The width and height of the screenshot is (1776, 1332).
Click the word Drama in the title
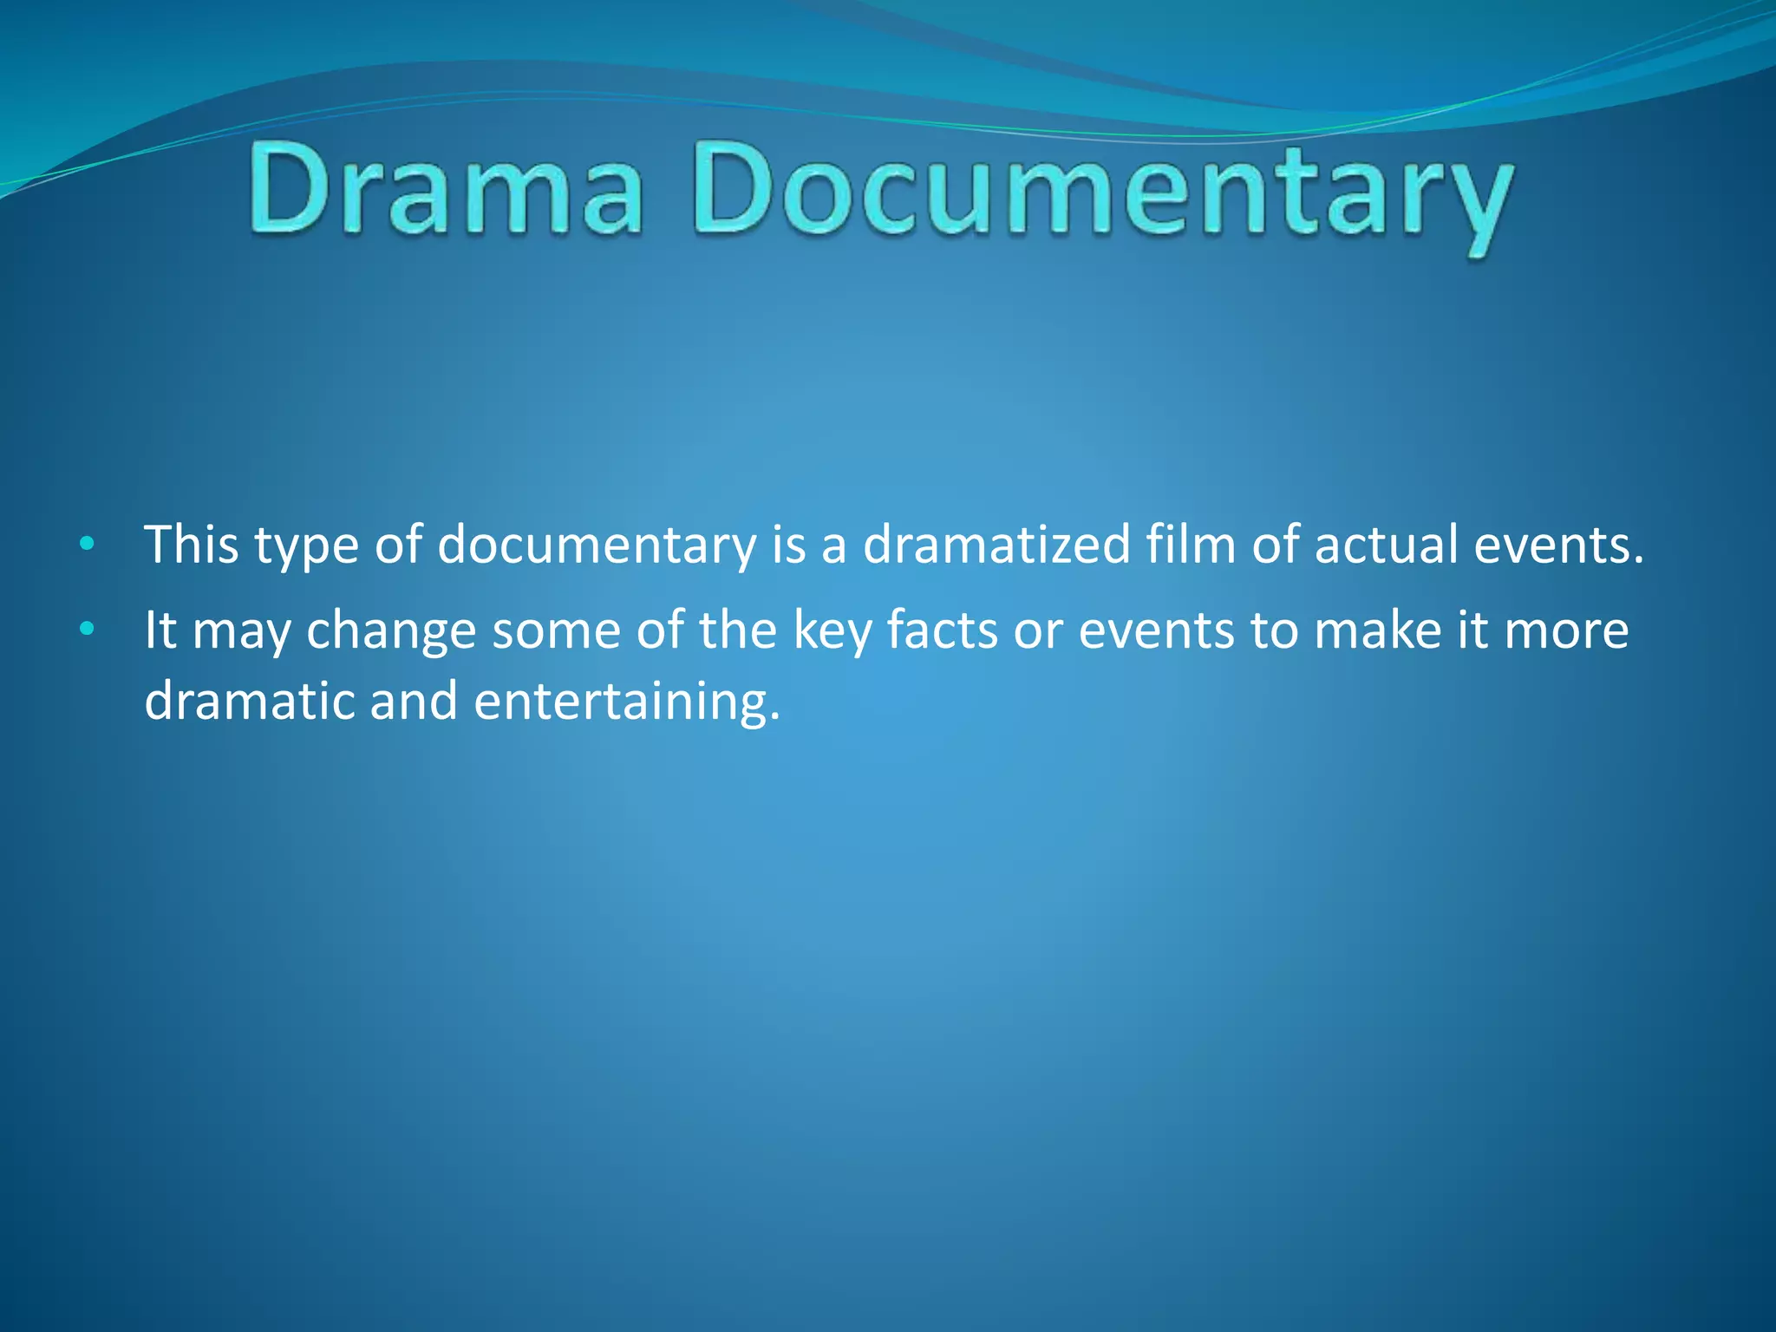(447, 190)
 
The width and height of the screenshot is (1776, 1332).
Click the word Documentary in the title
(1101, 195)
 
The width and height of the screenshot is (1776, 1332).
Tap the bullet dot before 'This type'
(86, 545)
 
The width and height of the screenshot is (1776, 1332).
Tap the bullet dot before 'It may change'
(86, 630)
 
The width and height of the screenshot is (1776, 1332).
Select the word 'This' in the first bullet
(192, 545)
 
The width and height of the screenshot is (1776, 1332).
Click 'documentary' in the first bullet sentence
(597, 546)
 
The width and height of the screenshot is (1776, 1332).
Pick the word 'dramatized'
(996, 545)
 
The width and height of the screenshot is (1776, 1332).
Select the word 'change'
(391, 631)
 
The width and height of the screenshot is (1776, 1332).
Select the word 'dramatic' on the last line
(249, 701)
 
